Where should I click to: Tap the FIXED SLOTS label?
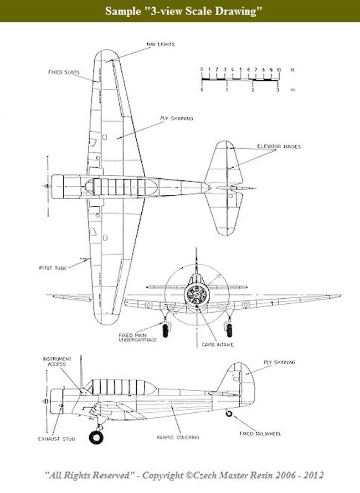pos(62,71)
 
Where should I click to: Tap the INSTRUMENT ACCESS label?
pos(55,361)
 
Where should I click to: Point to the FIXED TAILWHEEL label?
pos(261,434)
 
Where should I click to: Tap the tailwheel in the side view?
pos(229,413)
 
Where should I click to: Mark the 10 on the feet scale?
pos(279,70)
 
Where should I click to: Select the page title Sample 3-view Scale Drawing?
pos(180,11)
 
